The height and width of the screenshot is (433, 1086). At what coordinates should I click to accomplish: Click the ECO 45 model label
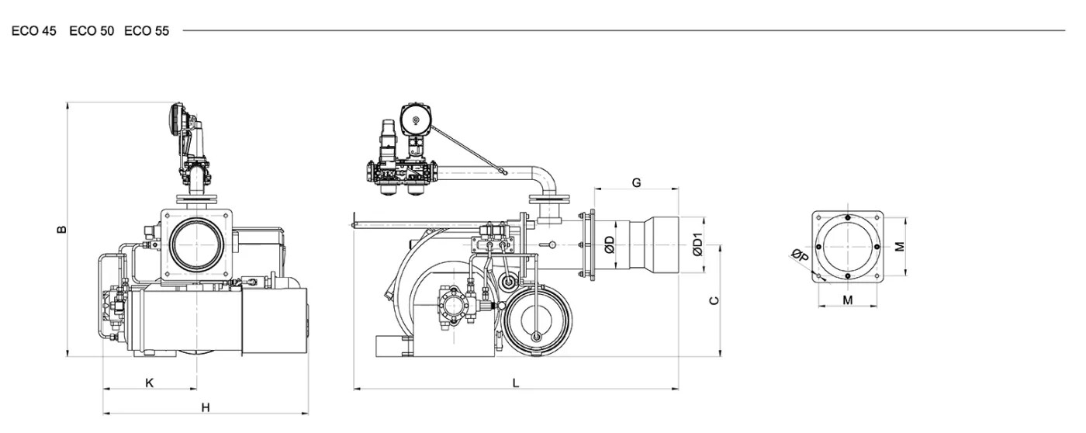click(x=34, y=31)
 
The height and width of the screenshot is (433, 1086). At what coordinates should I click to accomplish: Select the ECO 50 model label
click(x=92, y=31)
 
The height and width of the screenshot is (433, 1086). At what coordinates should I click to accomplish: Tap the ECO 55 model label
click(x=147, y=31)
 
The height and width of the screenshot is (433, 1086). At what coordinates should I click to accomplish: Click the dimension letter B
click(x=61, y=230)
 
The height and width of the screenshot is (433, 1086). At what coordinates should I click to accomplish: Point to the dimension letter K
click(x=149, y=383)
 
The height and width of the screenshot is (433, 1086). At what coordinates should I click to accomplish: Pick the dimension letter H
click(x=206, y=408)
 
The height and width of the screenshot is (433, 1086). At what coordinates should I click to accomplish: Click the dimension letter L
click(x=516, y=383)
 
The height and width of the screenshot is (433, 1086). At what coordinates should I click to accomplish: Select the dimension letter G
click(x=637, y=183)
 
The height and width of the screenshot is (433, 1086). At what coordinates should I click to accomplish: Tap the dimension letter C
click(x=714, y=300)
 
